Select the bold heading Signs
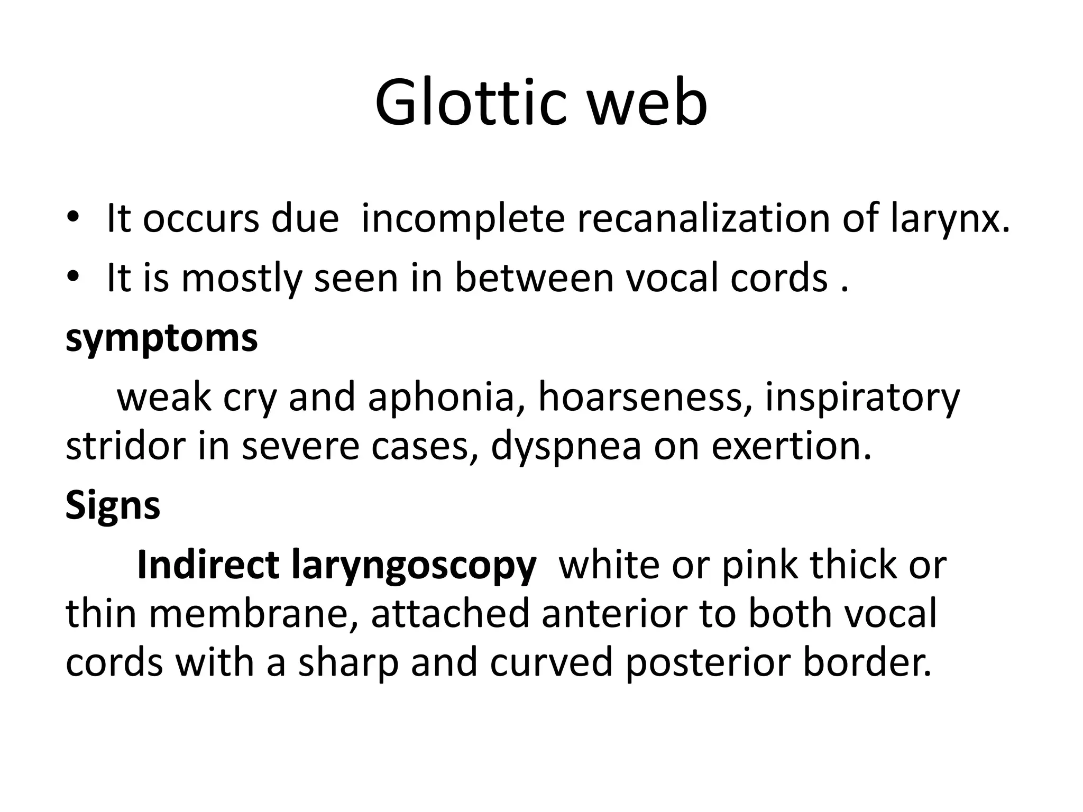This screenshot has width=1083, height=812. [x=113, y=505]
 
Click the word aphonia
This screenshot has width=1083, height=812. [x=442, y=398]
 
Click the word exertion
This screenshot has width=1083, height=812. [x=791, y=446]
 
